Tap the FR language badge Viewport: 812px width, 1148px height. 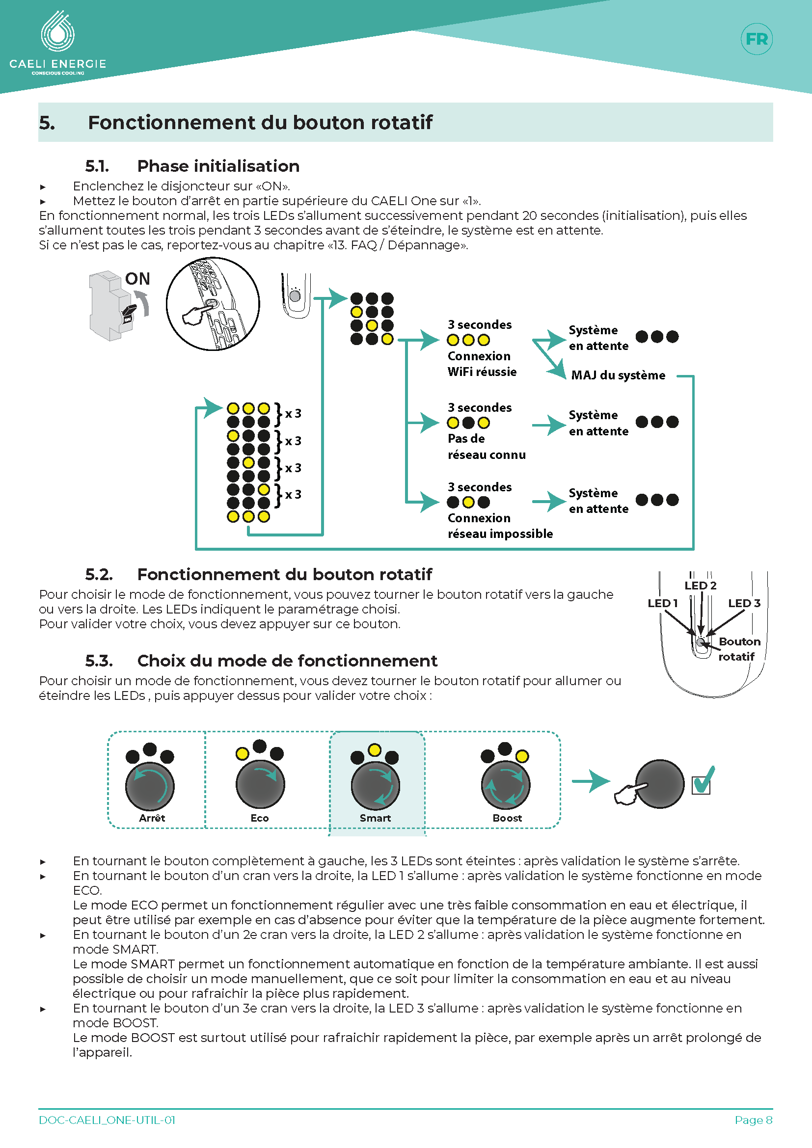(757, 39)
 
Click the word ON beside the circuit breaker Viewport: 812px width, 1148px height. (137, 278)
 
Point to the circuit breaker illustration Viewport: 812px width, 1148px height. (112, 306)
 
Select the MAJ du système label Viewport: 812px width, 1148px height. (618, 375)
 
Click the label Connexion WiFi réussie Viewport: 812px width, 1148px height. (482, 364)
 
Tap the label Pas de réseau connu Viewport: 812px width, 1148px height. (487, 447)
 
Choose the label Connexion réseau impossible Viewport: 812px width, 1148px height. (500, 526)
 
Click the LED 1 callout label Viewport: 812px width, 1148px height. (662, 603)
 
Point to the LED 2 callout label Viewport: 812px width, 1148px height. (701, 585)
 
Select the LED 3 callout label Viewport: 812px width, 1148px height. (744, 603)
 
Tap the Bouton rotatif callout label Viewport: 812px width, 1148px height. (739, 648)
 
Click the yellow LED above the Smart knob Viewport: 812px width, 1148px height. (375, 750)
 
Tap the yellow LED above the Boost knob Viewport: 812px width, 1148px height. (521, 756)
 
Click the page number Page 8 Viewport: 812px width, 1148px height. (754, 1120)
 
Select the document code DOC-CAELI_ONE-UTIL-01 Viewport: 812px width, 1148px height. (107, 1120)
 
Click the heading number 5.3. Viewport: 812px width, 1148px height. (99, 661)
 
